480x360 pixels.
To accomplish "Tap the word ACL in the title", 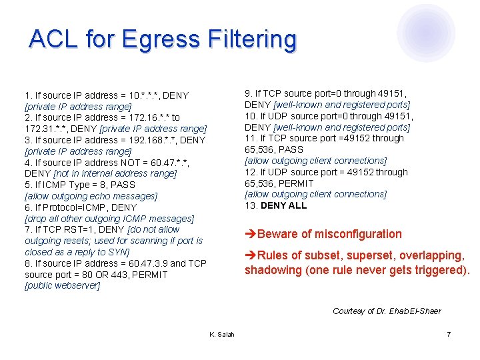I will coord(52,39).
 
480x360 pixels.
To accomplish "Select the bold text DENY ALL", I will coord(283,206).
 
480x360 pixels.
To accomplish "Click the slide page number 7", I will coord(449,333).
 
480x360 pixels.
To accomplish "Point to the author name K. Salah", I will coord(221,333).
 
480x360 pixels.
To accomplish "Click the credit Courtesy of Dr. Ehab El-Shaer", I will coord(387,311).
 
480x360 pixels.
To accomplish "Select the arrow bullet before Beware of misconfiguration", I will coord(250,234).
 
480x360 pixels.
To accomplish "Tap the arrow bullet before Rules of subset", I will coord(250,255).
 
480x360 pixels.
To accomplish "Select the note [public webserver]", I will coord(62,286).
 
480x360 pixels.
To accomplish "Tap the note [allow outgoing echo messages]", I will coord(91,196).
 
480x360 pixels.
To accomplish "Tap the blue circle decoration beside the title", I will coord(426,33).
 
